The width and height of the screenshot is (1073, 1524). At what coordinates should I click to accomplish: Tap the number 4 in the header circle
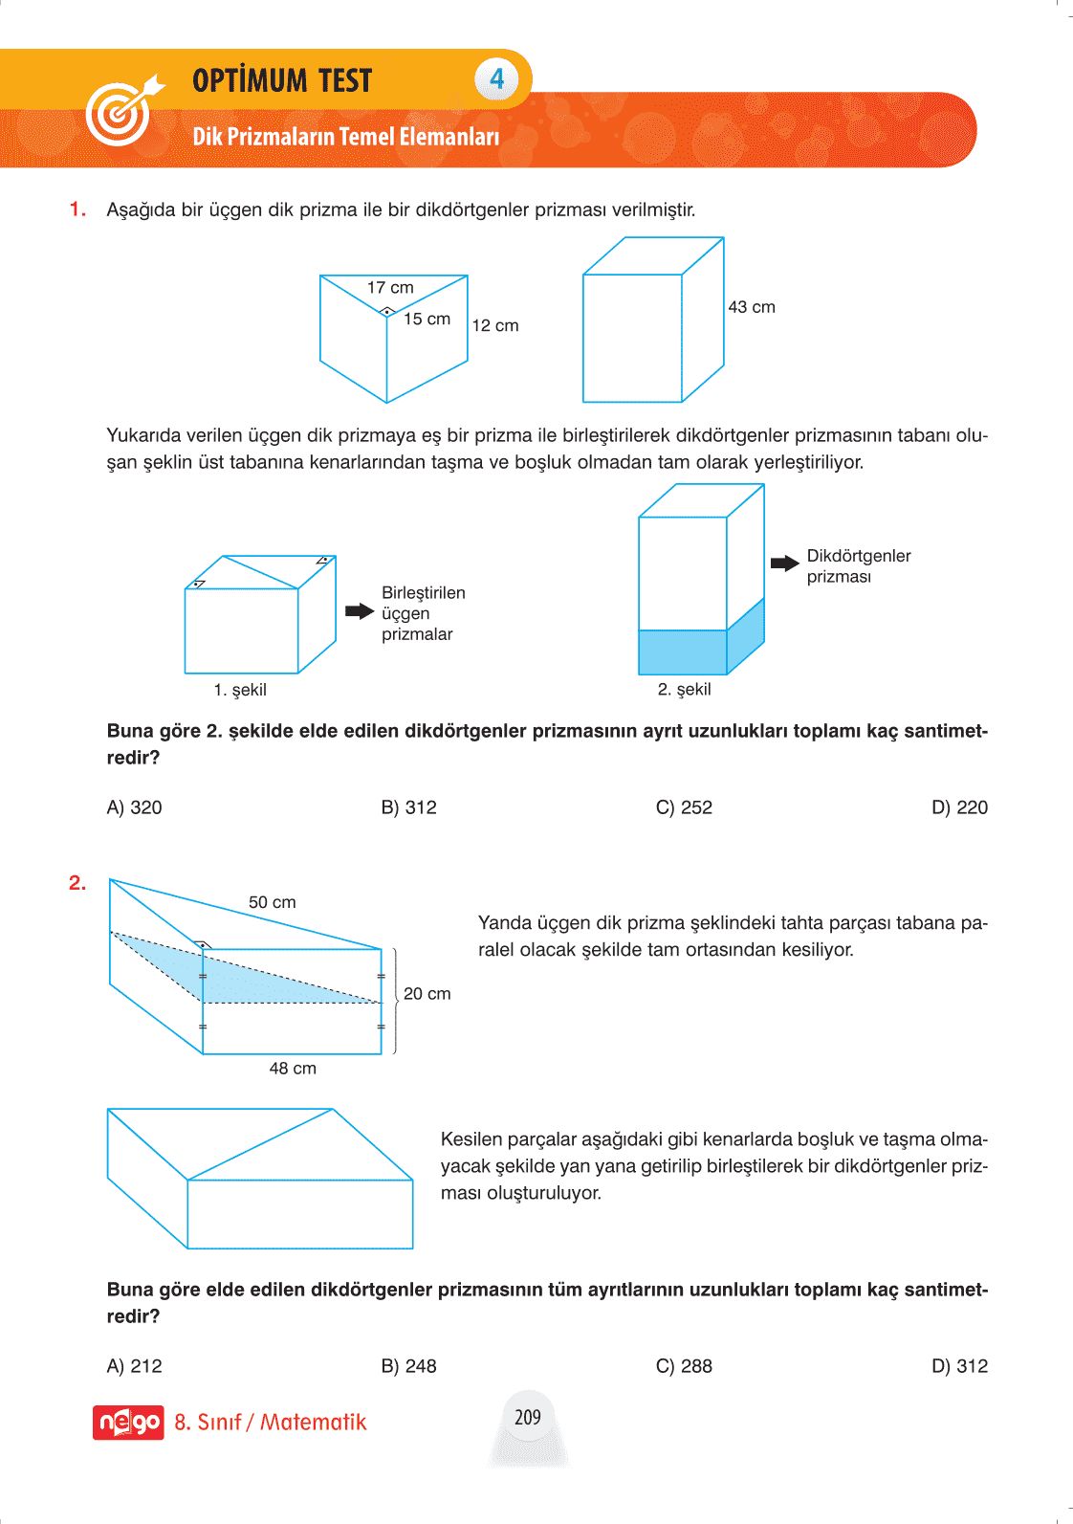[496, 79]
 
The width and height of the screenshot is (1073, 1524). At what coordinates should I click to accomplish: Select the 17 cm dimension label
[390, 287]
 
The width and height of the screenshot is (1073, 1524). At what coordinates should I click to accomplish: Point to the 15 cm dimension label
[427, 319]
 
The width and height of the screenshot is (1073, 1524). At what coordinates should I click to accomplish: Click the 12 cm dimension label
[495, 325]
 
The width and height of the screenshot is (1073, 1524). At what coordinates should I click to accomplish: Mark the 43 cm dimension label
[752, 307]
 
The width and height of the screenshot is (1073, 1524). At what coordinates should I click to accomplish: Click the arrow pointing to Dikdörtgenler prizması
[784, 563]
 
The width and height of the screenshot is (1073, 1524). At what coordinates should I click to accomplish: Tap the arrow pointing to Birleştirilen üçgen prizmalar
[359, 611]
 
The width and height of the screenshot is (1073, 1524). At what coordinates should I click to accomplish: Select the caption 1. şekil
[240, 690]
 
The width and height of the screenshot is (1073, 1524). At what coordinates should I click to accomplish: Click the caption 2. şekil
[684, 689]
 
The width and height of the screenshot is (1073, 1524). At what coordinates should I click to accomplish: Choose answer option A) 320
[134, 807]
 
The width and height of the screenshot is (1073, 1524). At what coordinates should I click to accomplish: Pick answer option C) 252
[684, 807]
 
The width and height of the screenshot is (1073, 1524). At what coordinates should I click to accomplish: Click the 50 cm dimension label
[273, 902]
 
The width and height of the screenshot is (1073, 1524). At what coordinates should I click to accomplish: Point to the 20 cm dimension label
[427, 994]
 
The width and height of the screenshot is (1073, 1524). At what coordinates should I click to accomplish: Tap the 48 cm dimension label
[293, 1069]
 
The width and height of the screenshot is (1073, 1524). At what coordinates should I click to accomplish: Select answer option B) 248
[408, 1366]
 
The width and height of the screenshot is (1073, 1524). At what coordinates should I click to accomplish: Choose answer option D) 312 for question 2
[959, 1366]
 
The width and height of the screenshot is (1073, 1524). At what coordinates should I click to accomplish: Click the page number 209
[528, 1417]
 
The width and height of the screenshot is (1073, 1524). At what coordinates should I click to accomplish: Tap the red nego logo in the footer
[128, 1423]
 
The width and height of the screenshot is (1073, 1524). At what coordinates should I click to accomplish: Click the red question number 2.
[77, 883]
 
